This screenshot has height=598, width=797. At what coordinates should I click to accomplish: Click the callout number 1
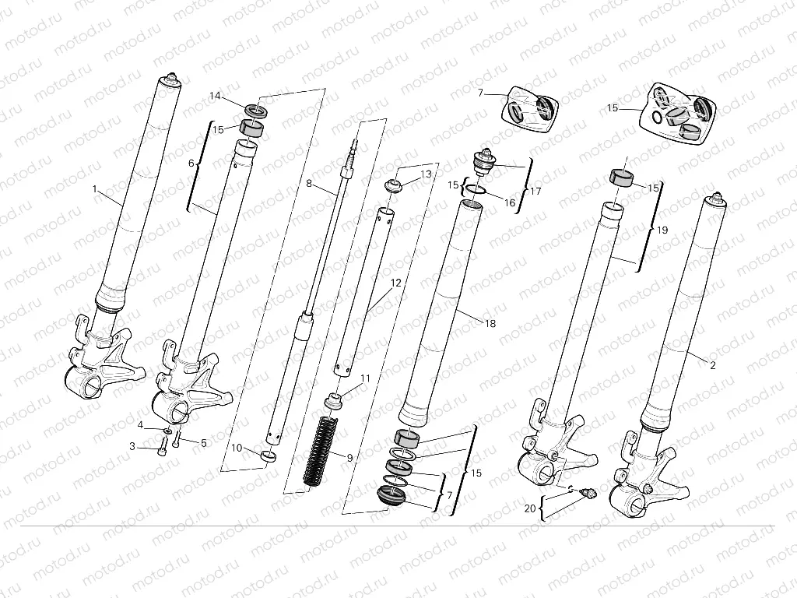94,189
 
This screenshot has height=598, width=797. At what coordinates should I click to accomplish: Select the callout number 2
713,363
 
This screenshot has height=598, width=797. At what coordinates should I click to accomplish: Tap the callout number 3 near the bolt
132,446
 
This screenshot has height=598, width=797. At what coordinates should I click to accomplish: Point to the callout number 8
308,184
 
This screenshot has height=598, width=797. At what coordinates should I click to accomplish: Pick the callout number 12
396,283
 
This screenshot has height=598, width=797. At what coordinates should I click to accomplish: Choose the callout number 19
662,230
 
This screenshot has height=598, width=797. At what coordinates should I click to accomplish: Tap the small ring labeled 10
269,456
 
